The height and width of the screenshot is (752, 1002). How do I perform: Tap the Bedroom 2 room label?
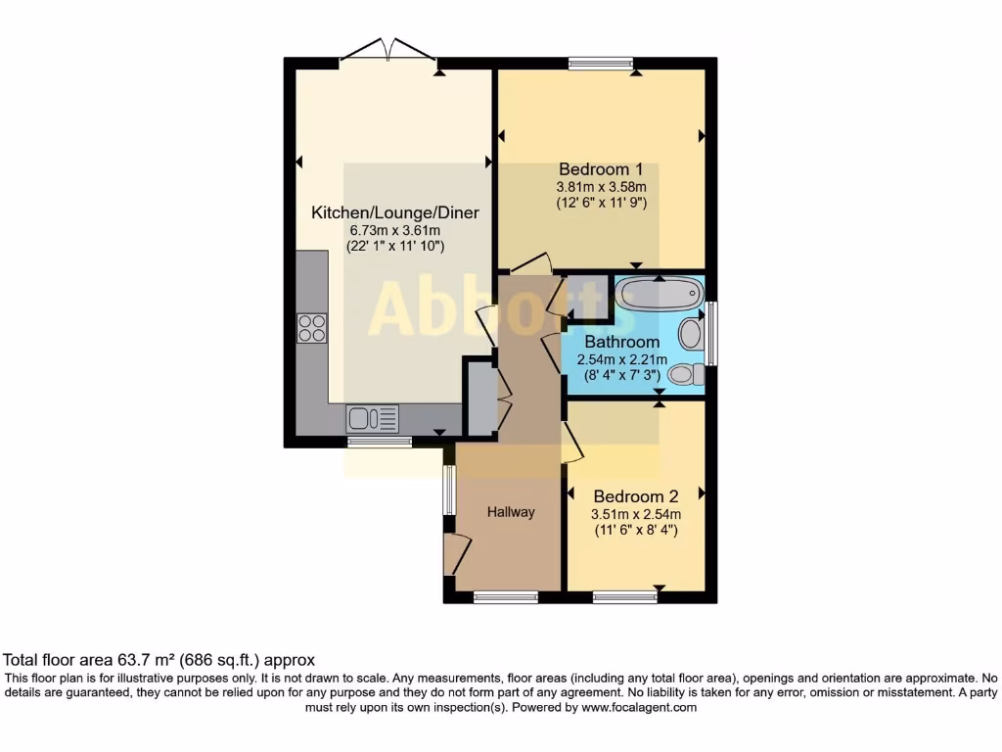click(635, 496)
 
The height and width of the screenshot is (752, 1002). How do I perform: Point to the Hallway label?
click(512, 512)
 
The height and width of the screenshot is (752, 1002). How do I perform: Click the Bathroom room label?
click(621, 343)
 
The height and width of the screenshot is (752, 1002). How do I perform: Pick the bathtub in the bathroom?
click(659, 294)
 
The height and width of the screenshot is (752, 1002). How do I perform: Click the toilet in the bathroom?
click(684, 374)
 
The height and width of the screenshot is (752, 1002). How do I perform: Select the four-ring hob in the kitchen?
click(311, 328)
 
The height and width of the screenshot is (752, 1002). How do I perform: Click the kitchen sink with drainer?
click(372, 419)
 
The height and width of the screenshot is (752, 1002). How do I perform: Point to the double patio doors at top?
click(388, 51)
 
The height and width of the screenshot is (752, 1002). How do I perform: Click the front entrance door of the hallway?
click(454, 554)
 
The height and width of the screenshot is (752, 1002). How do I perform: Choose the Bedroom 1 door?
click(531, 263)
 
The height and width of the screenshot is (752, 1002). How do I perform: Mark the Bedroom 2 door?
click(573, 444)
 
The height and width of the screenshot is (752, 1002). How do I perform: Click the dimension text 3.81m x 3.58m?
click(601, 186)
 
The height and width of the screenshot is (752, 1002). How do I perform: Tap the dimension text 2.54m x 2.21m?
click(621, 359)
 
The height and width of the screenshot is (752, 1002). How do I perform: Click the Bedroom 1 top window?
click(601, 64)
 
